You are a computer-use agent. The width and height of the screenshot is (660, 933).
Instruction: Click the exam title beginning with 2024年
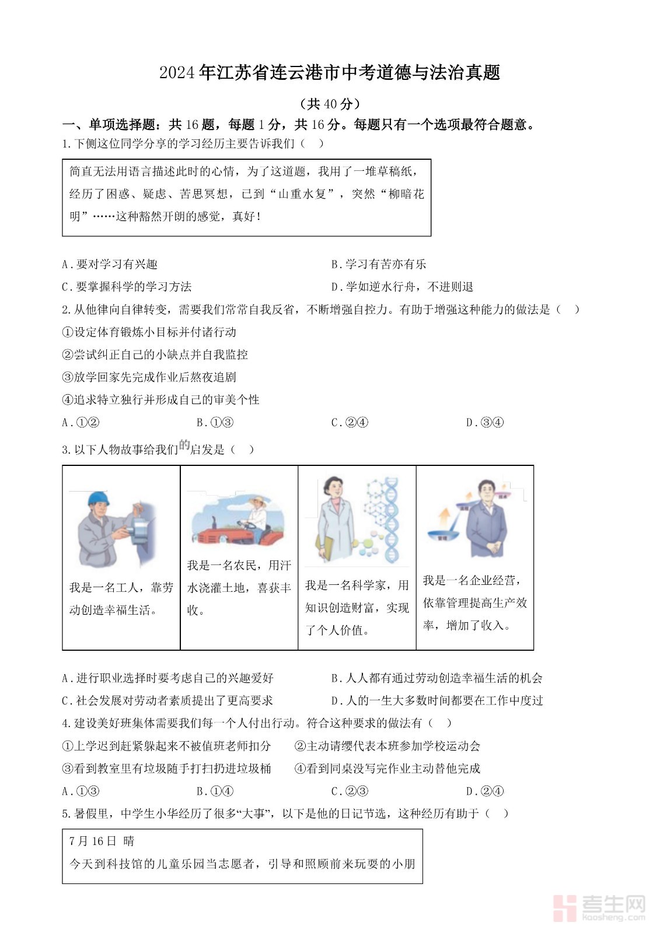[x=330, y=73]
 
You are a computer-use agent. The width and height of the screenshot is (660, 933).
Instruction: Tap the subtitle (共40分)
[x=330, y=104]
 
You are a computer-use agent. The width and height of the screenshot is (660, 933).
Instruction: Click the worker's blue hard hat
[x=98, y=499]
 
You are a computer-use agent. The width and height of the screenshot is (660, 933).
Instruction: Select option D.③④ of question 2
[x=484, y=423]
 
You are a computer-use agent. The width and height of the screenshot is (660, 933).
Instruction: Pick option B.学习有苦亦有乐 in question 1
[x=379, y=264]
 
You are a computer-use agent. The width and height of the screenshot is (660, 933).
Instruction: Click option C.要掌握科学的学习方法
[x=127, y=287]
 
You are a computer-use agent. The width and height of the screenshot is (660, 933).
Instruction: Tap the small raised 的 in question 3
[x=184, y=446]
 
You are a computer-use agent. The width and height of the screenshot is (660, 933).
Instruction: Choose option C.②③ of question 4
[x=350, y=791]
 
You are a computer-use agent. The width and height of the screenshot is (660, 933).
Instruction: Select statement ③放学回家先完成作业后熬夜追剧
[x=149, y=377]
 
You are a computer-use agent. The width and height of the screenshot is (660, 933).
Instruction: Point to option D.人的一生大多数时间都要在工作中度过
[x=437, y=700]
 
